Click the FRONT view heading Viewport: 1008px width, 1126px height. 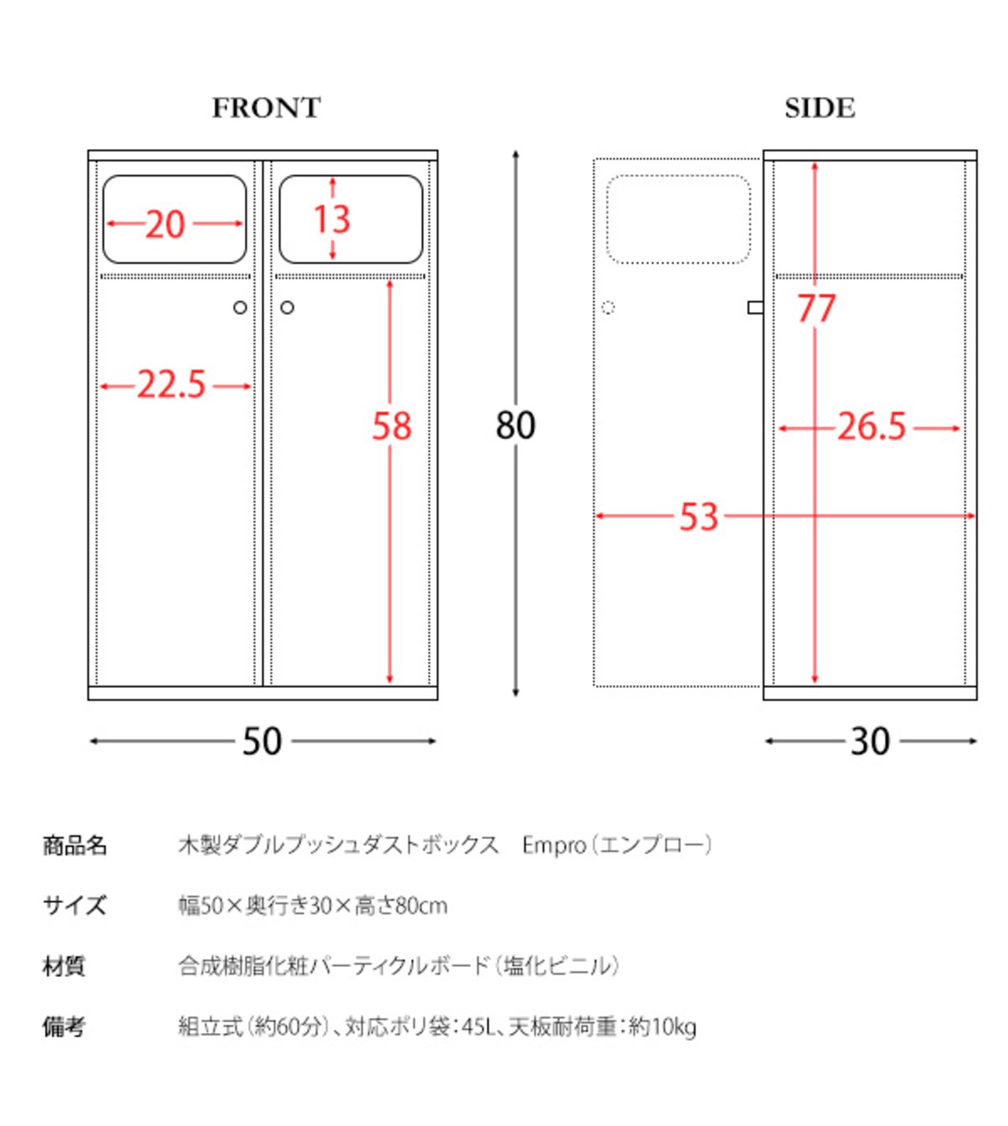[x=266, y=108]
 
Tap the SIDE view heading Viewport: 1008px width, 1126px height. [x=819, y=108]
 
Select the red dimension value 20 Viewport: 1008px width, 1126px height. [x=165, y=225]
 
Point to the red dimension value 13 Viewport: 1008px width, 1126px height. [x=332, y=219]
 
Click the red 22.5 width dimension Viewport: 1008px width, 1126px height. [x=172, y=385]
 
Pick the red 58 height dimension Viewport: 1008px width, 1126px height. [x=391, y=426]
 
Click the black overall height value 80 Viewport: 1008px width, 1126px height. [x=516, y=426]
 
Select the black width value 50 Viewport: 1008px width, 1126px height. [x=261, y=741]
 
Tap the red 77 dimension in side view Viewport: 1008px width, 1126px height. [x=815, y=308]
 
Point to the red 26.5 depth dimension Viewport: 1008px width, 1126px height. [x=871, y=427]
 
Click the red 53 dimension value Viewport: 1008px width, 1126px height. [x=699, y=518]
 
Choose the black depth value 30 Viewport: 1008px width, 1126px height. [x=869, y=741]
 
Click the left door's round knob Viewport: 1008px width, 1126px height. [x=240, y=307]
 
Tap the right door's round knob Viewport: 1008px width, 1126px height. [x=287, y=307]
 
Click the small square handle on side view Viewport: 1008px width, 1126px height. [x=755, y=307]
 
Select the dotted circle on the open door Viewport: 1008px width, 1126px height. [x=608, y=307]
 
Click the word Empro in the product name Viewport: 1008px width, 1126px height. [x=554, y=845]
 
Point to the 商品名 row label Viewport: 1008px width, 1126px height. [x=75, y=845]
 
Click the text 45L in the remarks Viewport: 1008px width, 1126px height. [x=476, y=1027]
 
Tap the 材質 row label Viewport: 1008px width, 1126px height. [x=64, y=966]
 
